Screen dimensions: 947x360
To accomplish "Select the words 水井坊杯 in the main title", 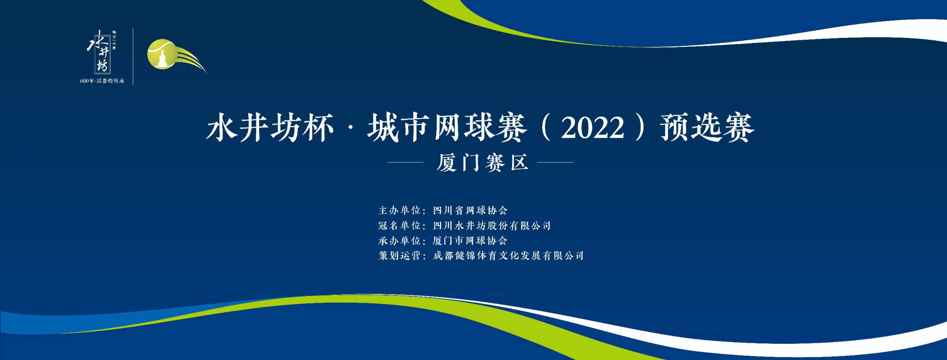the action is coord(270,128).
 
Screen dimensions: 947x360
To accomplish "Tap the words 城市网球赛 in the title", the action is coord(447,128).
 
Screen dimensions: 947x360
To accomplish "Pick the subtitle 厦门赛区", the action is coord(482,163).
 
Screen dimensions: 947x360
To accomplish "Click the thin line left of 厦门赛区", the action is coord(405,162).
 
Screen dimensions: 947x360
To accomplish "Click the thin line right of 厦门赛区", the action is coord(555,162).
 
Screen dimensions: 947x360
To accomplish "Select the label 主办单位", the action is coord(400,210).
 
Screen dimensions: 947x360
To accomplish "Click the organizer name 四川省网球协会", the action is coord(470,210).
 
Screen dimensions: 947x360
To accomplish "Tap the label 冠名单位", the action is coord(400,225).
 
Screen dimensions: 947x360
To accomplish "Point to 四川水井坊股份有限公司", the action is coord(492,225).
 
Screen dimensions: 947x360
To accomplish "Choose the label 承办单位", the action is coord(400,240).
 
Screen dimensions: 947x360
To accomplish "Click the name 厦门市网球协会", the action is coord(470,240).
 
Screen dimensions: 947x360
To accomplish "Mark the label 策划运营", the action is coord(400,256).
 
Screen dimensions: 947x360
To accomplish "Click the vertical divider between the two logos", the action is coord(133,57).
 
